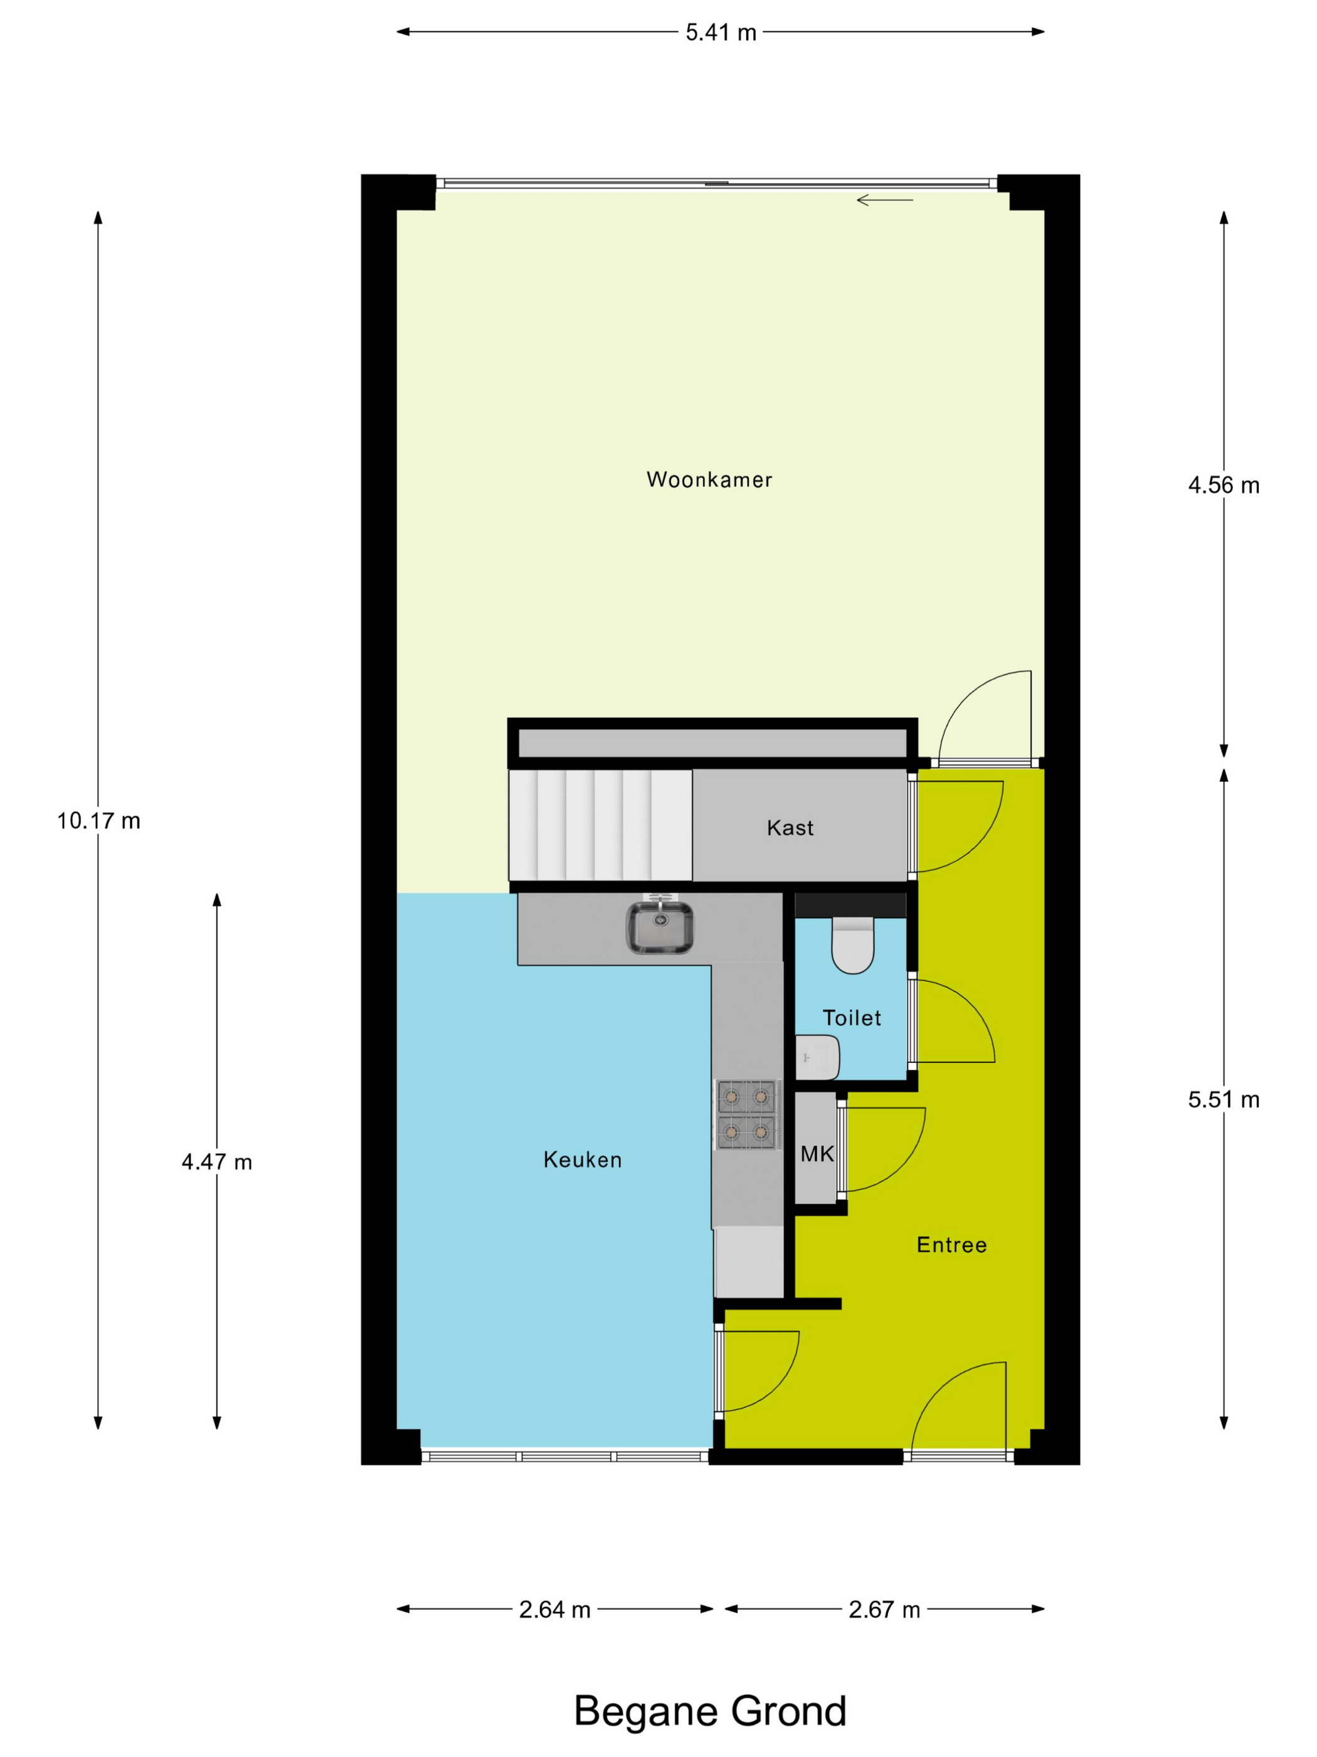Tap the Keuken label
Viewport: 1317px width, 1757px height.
pyautogui.click(x=582, y=1160)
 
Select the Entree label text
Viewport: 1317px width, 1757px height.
pyautogui.click(x=951, y=1245)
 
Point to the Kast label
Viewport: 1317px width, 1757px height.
pyautogui.click(x=790, y=828)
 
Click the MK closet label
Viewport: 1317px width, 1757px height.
pyautogui.click(x=817, y=1154)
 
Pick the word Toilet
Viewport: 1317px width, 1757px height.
pyautogui.click(x=852, y=1018)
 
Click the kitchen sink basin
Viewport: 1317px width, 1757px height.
pyautogui.click(x=659, y=927)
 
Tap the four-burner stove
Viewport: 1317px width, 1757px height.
pyautogui.click(x=746, y=1114)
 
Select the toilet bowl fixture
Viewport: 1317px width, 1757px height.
pyautogui.click(x=852, y=945)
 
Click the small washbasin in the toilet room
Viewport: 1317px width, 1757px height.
pyautogui.click(x=817, y=1057)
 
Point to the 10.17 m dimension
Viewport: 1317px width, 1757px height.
pyautogui.click(x=98, y=821)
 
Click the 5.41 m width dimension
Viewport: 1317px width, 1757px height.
pyautogui.click(x=721, y=33)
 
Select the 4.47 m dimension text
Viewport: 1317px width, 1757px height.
pyautogui.click(x=217, y=1162)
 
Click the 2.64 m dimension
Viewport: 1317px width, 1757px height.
pyautogui.click(x=555, y=1610)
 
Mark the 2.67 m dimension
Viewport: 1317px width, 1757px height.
pyautogui.click(x=884, y=1610)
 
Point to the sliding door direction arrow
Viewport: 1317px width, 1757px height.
pyautogui.click(x=884, y=200)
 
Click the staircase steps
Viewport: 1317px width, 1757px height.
pyautogui.click(x=600, y=825)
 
